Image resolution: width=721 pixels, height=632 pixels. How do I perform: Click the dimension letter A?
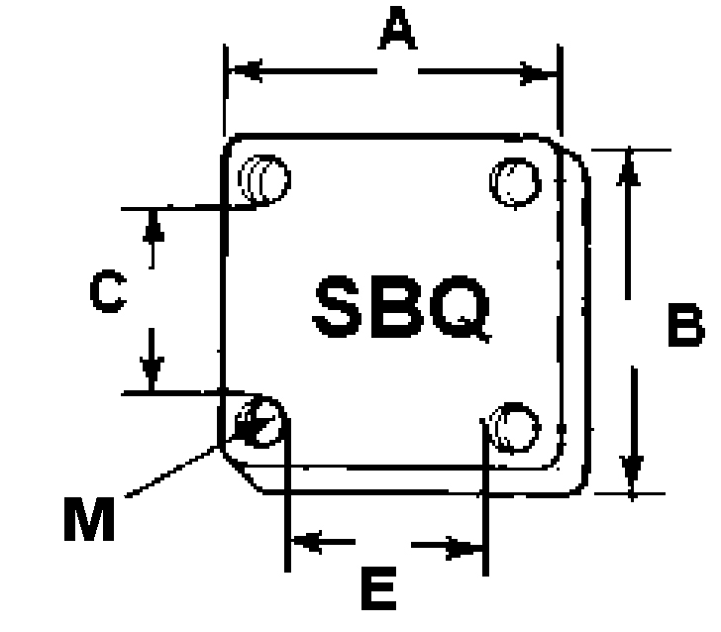pos(398,28)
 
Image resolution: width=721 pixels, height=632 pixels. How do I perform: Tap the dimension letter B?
pos(685,325)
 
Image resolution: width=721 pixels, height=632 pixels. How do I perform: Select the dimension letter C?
pos(109,291)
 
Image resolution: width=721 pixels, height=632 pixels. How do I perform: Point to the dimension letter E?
pos(379,588)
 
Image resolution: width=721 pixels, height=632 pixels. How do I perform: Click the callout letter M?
pos(89,519)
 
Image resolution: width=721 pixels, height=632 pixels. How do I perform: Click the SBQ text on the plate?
pos(402,307)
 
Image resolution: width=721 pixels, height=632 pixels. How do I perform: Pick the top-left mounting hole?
pos(264,179)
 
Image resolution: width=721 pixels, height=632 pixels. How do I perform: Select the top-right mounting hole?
pos(515,182)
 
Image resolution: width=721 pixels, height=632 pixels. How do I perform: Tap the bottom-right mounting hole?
pos(515,428)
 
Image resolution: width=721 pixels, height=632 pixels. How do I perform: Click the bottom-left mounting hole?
pos(258,422)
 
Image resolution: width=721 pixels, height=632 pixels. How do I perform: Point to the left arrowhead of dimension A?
pos(246,71)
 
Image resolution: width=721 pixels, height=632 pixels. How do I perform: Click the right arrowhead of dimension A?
pos(537,73)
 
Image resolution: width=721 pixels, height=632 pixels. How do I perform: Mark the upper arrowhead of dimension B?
pos(629,167)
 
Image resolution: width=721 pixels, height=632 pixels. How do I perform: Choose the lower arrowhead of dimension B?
pos(632,474)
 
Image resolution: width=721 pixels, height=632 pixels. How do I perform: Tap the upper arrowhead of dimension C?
pos(154,226)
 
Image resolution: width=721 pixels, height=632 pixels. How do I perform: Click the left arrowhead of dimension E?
pos(307,542)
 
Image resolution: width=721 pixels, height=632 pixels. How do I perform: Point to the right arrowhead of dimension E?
pos(463,548)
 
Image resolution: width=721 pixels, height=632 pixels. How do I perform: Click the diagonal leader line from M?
pos(171,472)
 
